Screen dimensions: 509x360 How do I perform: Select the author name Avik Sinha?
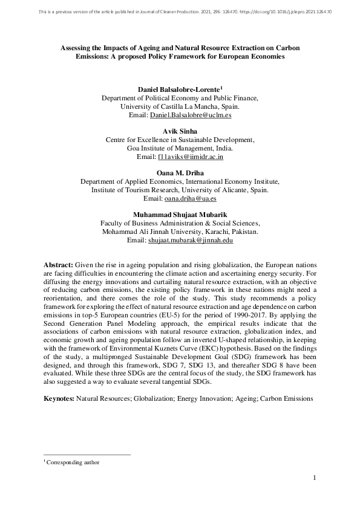pos(180,131)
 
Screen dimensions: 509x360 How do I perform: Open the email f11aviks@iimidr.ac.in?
pos(191,157)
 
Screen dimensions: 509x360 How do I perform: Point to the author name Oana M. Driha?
pos(180,172)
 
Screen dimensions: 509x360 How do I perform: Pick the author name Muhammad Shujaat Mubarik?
pos(180,214)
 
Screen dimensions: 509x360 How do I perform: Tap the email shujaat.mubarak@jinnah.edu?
pos(191,239)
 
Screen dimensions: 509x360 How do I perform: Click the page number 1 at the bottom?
pos(315,479)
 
